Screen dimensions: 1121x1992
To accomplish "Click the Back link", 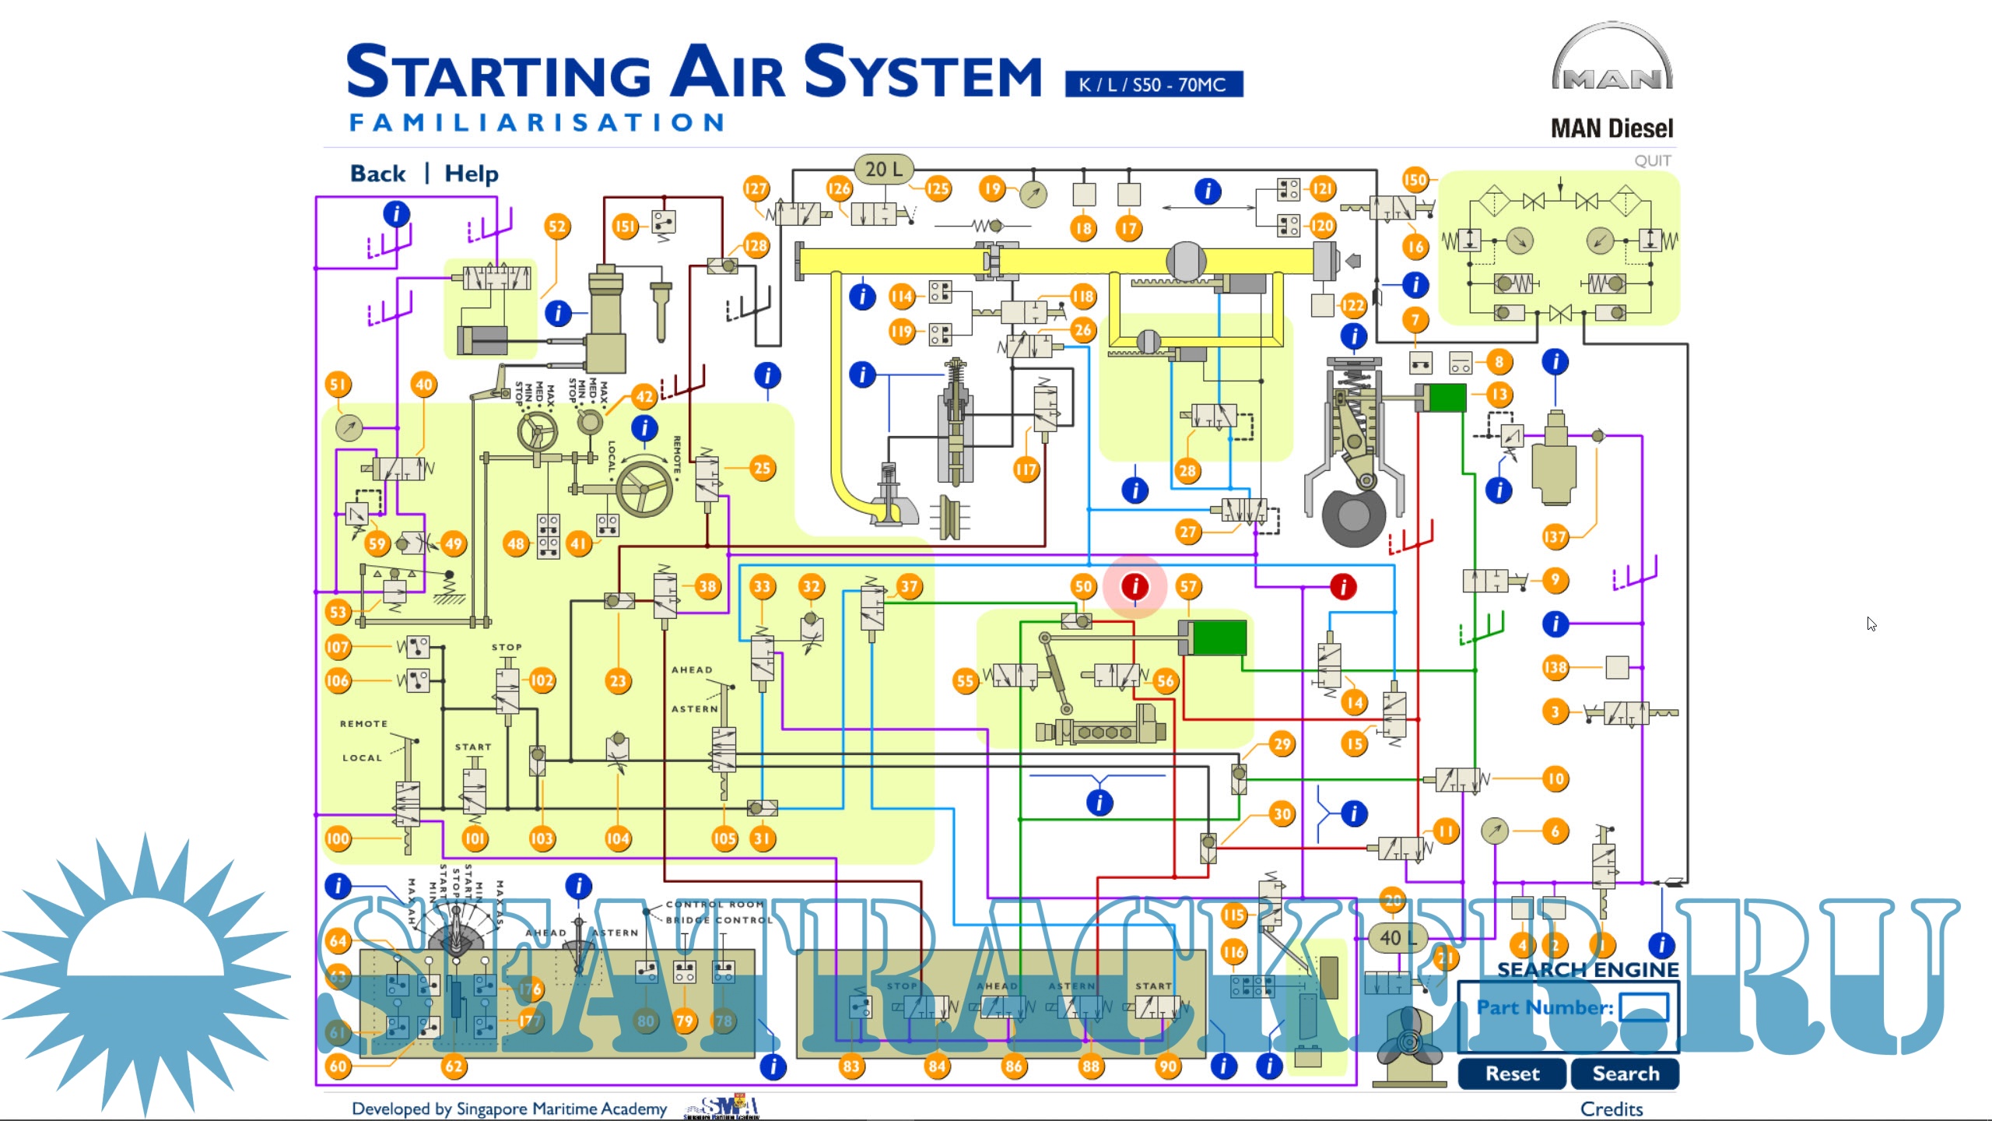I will (x=377, y=173).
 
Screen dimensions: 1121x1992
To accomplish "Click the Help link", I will (x=471, y=173).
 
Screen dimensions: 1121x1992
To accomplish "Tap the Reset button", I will (x=1511, y=1074).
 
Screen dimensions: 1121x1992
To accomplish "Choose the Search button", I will (x=1625, y=1074).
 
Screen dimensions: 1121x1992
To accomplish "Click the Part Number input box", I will (x=1643, y=1007).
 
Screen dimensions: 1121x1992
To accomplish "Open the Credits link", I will (x=1611, y=1109).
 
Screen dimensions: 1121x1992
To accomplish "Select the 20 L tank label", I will (x=884, y=169).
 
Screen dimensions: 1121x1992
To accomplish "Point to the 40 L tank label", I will (x=1397, y=938).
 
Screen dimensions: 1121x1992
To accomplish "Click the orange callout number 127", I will (x=756, y=188).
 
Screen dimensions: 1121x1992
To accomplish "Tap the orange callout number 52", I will (x=557, y=227).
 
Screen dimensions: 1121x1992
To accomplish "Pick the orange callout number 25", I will (x=762, y=468).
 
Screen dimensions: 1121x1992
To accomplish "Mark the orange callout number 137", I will (x=1555, y=536).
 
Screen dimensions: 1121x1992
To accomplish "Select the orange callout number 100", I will (x=338, y=838).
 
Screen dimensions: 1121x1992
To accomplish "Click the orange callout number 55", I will (x=965, y=681).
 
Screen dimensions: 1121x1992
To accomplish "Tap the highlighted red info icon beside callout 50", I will (x=1135, y=586).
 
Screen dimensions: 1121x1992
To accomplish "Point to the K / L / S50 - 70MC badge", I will (x=1153, y=84).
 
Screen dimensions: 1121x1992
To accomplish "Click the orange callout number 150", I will (x=1415, y=180).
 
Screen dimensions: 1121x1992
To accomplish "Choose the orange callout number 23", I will (x=618, y=681).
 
